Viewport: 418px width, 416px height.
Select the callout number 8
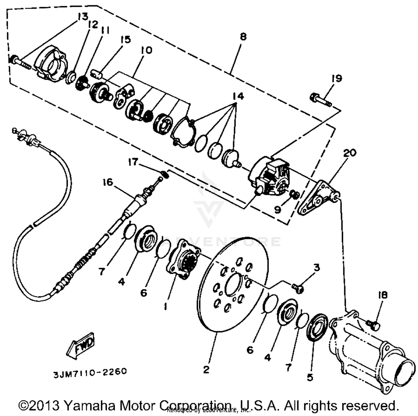[x=243, y=36]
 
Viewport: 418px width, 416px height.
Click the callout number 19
[x=337, y=78]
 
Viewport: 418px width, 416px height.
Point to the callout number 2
[x=206, y=370]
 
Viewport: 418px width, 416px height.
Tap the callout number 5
[x=310, y=377]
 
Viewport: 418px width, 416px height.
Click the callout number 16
[x=108, y=182]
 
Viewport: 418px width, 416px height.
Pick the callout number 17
[x=133, y=161]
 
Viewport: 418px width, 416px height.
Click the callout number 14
[x=238, y=96]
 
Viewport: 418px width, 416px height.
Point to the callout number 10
[x=147, y=50]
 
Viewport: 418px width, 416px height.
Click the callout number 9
[x=277, y=209]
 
